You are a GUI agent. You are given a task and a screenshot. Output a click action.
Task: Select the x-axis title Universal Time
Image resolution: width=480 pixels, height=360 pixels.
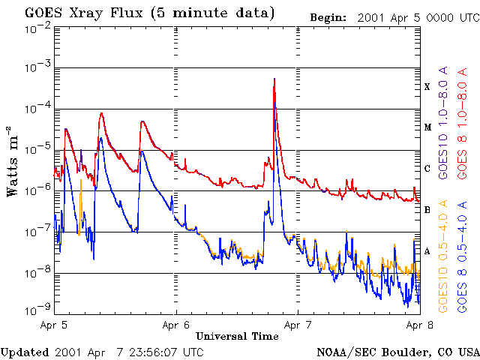point(237,336)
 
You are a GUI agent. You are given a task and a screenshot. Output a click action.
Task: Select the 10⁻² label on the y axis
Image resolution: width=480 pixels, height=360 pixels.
point(37,28)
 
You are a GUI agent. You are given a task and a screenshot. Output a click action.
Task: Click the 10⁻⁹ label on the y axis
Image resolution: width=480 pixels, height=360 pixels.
point(37,309)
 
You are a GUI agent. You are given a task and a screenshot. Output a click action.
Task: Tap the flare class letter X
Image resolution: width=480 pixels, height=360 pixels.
point(427,87)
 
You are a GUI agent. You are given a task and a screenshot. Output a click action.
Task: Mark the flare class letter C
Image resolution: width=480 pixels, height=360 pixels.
point(427,169)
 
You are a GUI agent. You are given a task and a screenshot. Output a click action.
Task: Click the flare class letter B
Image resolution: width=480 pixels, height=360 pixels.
point(427,210)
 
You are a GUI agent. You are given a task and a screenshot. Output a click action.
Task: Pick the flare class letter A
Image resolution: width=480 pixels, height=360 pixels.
point(427,251)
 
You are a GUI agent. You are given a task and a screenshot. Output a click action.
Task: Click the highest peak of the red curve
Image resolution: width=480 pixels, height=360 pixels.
point(274,78)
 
